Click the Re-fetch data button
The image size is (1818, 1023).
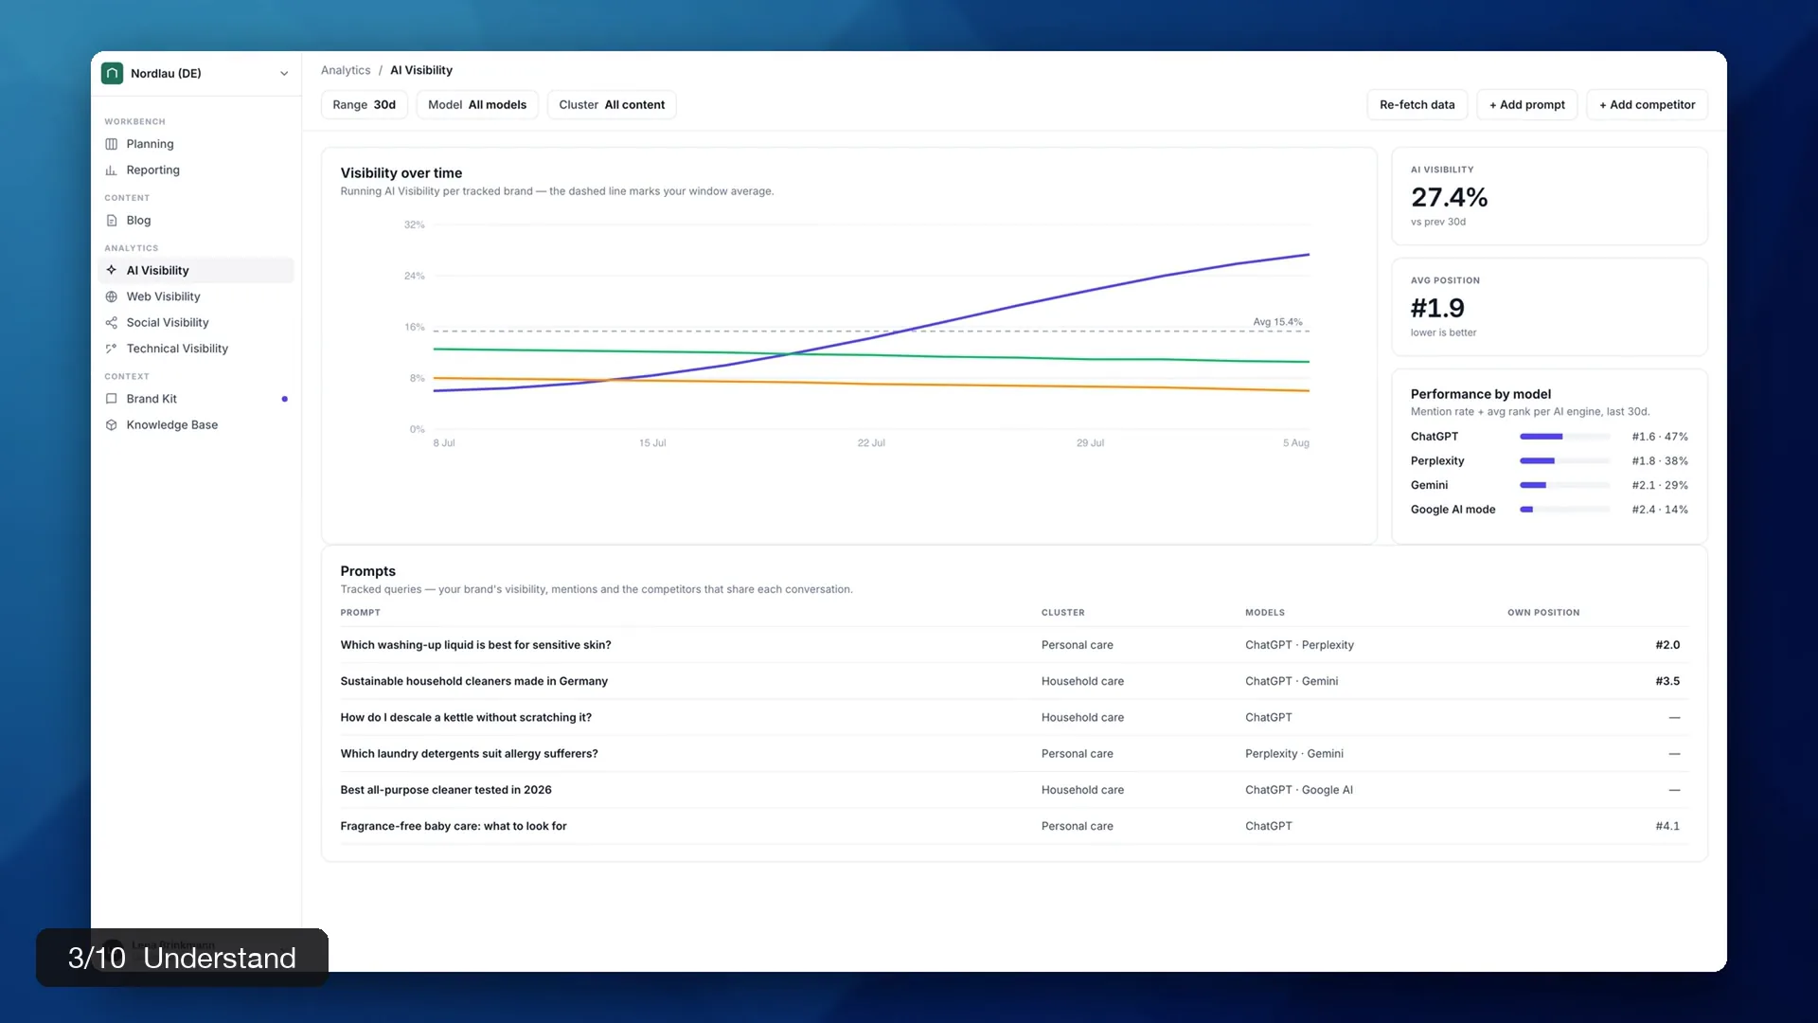(1417, 105)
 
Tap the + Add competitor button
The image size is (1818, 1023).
(1647, 105)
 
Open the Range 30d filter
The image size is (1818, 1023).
(365, 105)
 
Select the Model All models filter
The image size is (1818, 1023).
(477, 105)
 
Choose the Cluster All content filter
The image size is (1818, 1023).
(612, 105)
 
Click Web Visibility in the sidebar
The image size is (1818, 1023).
(163, 296)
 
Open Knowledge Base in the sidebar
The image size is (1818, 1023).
(171, 425)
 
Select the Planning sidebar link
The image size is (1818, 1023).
(150, 144)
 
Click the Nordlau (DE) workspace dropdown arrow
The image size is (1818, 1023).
(284, 74)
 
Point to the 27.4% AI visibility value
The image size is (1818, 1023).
(1449, 197)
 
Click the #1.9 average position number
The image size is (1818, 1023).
(1437, 308)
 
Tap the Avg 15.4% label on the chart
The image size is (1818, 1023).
(1277, 322)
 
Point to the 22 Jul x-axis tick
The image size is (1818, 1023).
(871, 443)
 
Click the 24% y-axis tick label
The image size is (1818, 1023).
(415, 277)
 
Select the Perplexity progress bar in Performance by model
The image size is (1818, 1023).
(1565, 461)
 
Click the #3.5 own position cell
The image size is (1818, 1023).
(1667, 681)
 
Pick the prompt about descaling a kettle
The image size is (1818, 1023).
(466, 718)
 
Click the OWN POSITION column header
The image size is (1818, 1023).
(1543, 613)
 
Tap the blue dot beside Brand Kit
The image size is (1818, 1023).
(284, 399)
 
